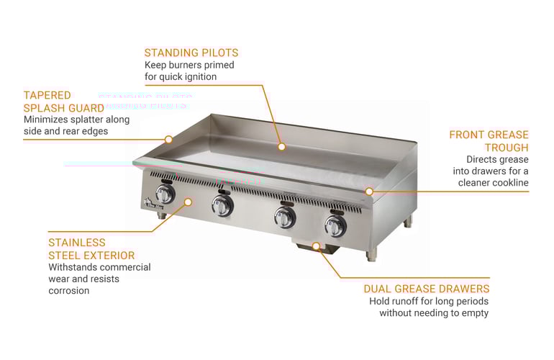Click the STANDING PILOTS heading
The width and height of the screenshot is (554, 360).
(191, 53)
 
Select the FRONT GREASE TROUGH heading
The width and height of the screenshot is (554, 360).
(489, 141)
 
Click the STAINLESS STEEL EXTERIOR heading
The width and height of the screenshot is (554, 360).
(91, 249)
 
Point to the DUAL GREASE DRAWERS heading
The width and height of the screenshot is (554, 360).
(427, 289)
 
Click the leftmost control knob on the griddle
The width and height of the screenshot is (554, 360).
(165, 194)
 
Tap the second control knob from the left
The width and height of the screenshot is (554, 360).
(222, 207)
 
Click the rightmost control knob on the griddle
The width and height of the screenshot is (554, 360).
(335, 225)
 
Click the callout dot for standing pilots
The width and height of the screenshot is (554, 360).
(282, 146)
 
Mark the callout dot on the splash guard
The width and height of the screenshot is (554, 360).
(168, 139)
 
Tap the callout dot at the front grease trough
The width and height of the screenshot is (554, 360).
(369, 192)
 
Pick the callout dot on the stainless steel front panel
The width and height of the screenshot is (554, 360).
(188, 202)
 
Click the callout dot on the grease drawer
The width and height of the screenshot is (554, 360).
(316, 246)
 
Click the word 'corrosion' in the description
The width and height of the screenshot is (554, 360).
(69, 291)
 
